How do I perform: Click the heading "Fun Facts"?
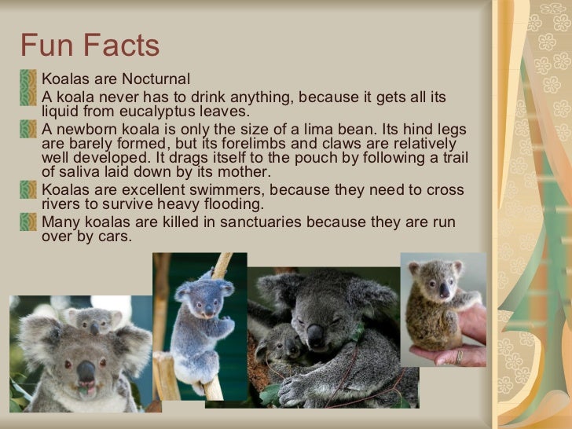tap(90, 46)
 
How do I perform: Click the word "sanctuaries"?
tap(262, 222)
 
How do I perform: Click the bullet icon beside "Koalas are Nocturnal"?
tap(29, 79)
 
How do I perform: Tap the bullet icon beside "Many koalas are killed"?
tap(29, 222)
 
